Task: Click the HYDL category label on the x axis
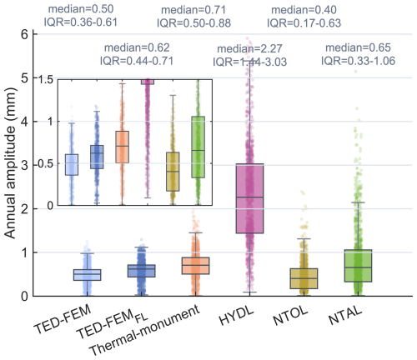(236, 316)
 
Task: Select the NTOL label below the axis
(290, 316)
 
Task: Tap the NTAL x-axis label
(345, 316)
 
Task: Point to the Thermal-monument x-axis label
(145, 330)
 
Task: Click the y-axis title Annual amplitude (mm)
(11, 163)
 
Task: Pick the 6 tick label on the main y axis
(25, 35)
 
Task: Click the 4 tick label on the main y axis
(25, 122)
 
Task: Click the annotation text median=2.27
(249, 49)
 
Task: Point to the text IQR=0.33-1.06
(358, 61)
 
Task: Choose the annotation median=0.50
(81, 9)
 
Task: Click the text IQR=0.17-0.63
(304, 23)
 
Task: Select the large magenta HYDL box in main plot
(249, 198)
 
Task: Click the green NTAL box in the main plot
(358, 266)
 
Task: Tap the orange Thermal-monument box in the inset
(122, 147)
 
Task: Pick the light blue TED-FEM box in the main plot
(87, 275)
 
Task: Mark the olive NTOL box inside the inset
(173, 172)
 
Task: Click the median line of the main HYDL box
(249, 197)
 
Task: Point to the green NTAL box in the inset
(198, 147)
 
